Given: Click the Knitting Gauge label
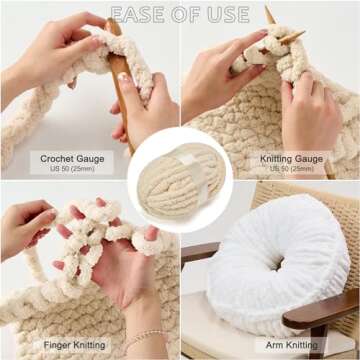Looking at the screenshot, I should click(x=291, y=158).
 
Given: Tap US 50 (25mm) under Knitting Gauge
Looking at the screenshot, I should click(x=291, y=169).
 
